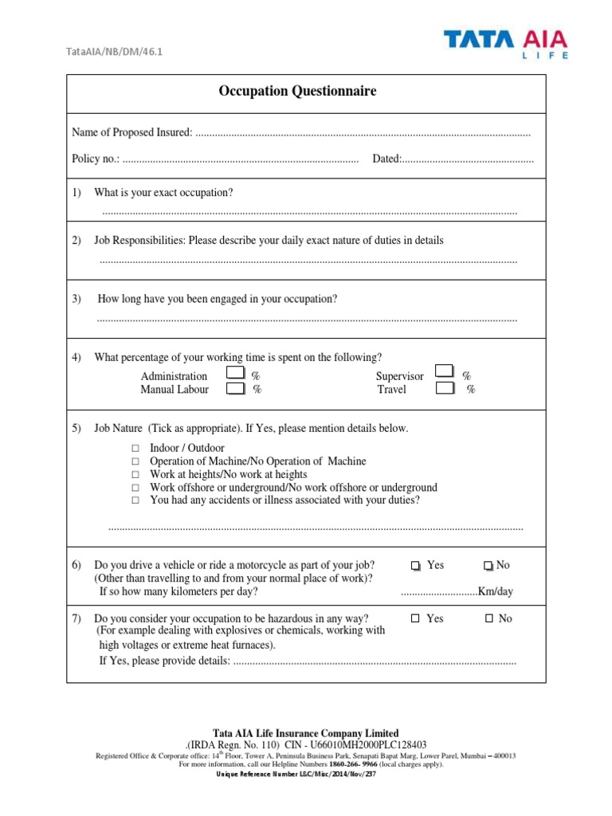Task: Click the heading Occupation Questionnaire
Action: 297,92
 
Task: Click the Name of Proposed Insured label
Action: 131,132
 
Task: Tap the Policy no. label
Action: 96,159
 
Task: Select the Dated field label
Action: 386,159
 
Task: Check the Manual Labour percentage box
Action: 236,389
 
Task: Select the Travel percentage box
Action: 445,389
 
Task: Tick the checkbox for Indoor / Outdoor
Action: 135,449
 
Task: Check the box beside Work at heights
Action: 135,475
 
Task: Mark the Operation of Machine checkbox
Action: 135,462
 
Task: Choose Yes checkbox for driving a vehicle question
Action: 415,566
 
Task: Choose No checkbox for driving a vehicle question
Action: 488,566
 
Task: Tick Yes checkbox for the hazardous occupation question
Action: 415,619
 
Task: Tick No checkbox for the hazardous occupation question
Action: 489,619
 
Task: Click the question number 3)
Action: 77,299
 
